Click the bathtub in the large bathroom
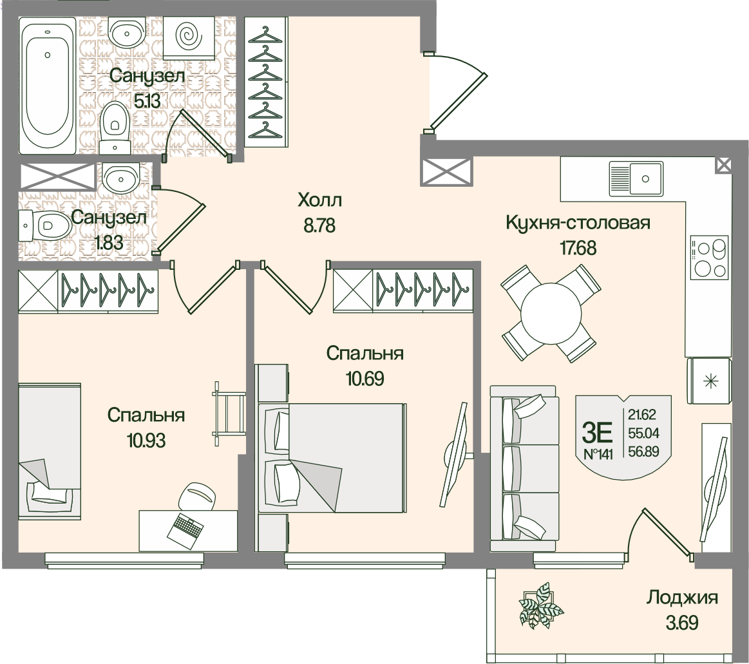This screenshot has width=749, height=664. tap(47, 86)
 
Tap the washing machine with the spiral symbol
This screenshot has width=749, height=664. tap(189, 36)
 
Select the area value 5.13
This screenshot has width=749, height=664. tap(147, 101)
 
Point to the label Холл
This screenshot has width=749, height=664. tap(319, 200)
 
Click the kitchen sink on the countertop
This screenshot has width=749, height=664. tap(636, 178)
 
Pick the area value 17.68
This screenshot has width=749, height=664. tap(578, 249)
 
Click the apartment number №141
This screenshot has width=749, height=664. tap(598, 454)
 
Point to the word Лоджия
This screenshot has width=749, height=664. tap(683, 598)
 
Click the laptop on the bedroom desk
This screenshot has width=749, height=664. tap(186, 531)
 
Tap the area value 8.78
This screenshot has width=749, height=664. tap(319, 225)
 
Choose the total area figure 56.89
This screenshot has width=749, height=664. tap(643, 451)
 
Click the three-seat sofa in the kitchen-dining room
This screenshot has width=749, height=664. tap(524, 469)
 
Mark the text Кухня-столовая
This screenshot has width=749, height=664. tap(578, 223)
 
